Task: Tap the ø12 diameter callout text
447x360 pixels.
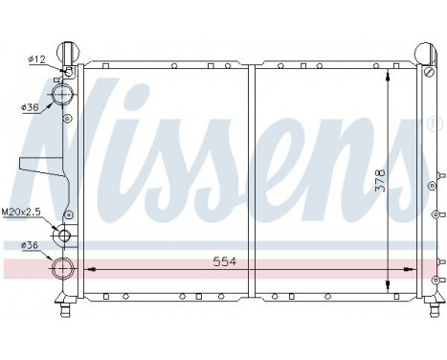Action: pos(37,59)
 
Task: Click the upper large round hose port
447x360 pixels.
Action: pos(64,96)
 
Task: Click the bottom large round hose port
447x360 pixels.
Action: pos(64,269)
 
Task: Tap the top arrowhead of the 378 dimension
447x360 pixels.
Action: pos(387,76)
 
